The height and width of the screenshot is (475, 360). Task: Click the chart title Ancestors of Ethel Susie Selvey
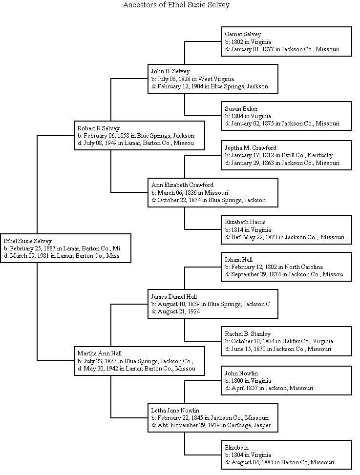pos(176,5)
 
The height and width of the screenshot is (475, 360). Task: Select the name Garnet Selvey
pos(243,34)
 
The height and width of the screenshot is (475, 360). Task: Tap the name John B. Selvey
pos(170,71)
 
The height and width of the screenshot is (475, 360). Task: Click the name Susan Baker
pos(241,108)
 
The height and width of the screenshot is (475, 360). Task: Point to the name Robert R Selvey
pos(98,128)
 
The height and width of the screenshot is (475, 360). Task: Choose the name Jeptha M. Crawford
pos(251,147)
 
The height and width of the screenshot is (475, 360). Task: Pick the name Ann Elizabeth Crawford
pos(182,185)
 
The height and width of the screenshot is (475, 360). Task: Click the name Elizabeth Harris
pos(245,222)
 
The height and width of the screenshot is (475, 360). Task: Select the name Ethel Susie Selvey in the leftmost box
pos(27,241)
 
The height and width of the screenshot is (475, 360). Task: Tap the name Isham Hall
pos(238,260)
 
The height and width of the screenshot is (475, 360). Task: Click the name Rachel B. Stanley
pos(247,334)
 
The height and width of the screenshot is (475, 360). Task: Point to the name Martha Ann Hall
pos(99,353)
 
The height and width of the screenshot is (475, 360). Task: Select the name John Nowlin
pos(241,373)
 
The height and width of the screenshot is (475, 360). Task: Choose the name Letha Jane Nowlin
pos(175,411)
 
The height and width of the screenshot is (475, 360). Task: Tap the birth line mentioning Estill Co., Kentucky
pos(279,155)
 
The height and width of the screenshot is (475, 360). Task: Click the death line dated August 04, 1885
pos(279,462)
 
